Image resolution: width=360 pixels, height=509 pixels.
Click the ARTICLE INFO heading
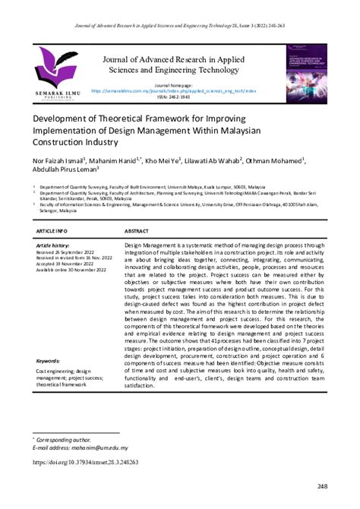[52, 229]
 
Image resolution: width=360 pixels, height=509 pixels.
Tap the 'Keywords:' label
[49, 360]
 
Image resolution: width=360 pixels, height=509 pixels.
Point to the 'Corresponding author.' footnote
[65, 438]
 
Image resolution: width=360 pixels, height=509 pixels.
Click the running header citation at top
[180, 6]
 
